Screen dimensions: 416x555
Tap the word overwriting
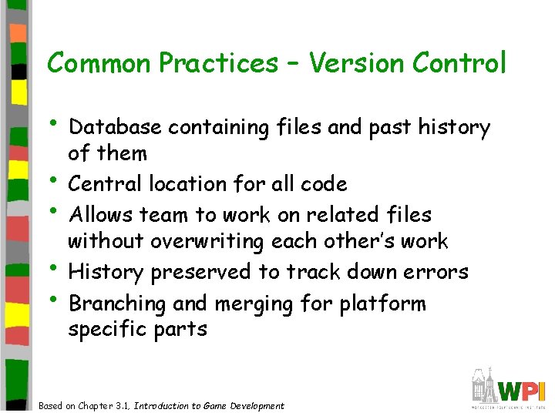pyautogui.click(x=208, y=242)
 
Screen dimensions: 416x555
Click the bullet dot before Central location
pyautogui.click(x=55, y=181)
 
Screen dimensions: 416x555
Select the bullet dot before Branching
pyautogui.click(x=55, y=300)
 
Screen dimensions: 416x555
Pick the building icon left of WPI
pyautogui.click(x=485, y=384)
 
